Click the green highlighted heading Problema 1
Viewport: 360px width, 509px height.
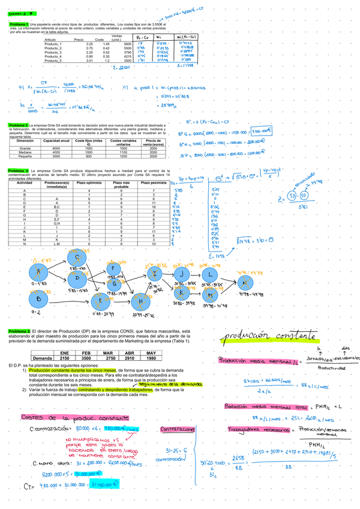point(19,24)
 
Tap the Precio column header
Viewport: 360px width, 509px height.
point(78,40)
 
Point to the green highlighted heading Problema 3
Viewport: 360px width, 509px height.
point(19,125)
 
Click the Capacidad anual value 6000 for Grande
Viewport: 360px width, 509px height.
point(56,148)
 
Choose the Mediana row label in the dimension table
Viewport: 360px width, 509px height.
point(25,152)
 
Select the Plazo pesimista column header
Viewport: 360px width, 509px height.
point(151,182)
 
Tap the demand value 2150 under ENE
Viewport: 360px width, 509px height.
point(64,358)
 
